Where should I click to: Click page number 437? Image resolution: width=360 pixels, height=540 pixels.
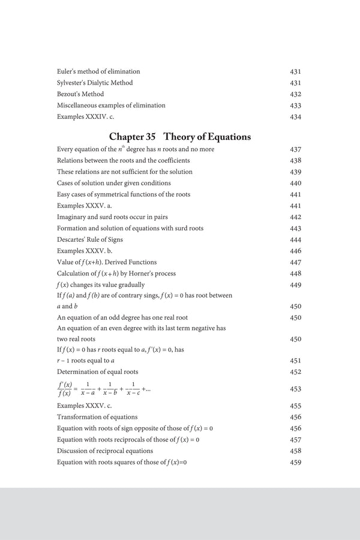tap(295, 149)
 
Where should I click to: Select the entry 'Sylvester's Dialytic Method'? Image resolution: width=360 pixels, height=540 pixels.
tap(95, 83)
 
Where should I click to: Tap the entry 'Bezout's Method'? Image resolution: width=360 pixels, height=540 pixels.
tap(80, 94)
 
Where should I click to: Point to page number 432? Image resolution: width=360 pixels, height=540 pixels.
tap(295, 94)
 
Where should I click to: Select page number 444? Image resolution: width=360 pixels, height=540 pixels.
tap(295, 239)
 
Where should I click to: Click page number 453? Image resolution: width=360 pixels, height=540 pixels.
tap(295, 389)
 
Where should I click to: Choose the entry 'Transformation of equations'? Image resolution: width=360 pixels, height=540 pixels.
tap(97, 417)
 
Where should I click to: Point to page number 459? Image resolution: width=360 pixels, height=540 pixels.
tap(295, 462)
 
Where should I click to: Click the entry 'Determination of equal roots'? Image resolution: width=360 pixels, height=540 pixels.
tap(98, 372)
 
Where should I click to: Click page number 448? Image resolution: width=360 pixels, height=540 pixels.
tap(295, 274)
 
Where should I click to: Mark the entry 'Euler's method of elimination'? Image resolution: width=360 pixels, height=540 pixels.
tap(98, 71)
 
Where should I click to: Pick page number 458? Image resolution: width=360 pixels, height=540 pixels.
tap(295, 451)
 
